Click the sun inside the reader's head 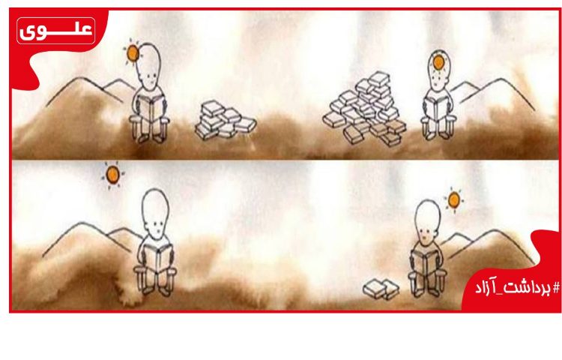click(438, 62)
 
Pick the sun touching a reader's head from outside click(132, 52)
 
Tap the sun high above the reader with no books click(113, 174)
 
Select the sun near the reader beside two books click(454, 199)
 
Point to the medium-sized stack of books click(225, 121)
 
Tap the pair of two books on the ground click(381, 289)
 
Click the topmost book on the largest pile click(379, 79)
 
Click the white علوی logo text click(56, 31)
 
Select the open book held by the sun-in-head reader click(435, 107)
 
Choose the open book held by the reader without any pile click(157, 259)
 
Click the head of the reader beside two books click(427, 221)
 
